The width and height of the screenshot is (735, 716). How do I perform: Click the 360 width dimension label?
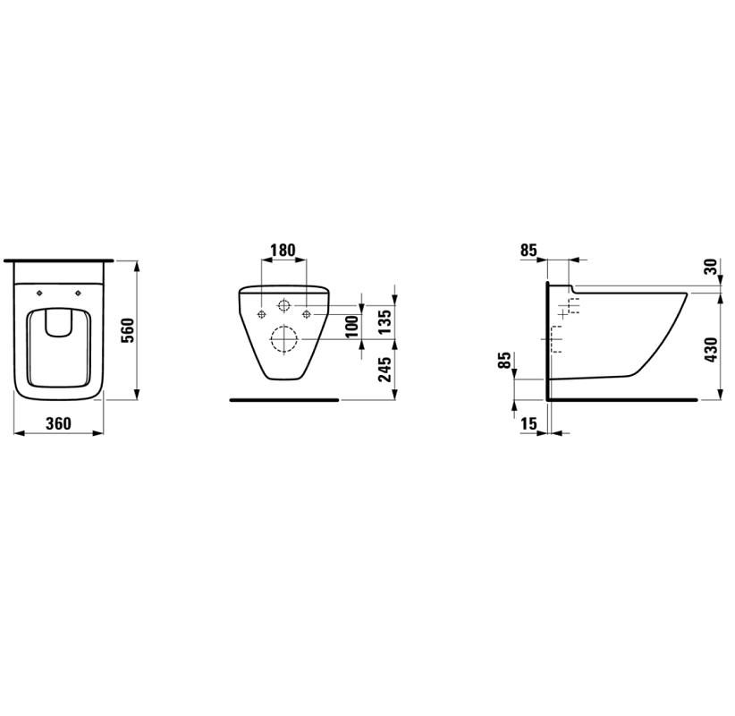pos(59,423)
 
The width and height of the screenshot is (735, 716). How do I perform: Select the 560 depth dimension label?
pos(128,330)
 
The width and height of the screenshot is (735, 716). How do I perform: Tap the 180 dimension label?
pos(283,250)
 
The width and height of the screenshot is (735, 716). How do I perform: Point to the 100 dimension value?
pos(352,326)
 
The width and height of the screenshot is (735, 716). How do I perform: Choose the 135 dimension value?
pos(384,321)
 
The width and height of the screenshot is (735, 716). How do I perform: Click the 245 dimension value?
pos(384,370)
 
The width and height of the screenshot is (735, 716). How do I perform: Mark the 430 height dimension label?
pos(711,349)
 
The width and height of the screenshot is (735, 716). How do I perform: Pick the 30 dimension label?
pos(711,267)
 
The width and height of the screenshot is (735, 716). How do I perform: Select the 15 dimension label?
pos(528,423)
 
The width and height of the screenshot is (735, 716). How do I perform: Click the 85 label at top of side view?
pos(528,251)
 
